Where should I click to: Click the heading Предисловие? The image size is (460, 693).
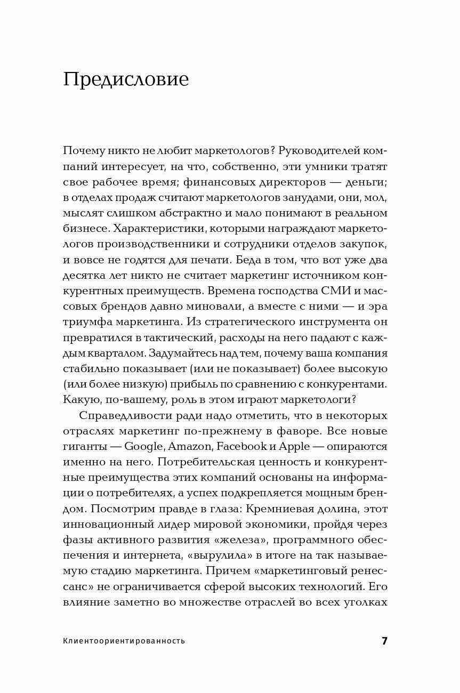pos(126,79)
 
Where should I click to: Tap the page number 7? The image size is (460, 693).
pos(384,641)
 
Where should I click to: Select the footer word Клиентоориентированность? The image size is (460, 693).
pos(124,641)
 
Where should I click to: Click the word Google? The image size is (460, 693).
pos(144,447)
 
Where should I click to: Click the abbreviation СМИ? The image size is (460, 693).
pos(320,291)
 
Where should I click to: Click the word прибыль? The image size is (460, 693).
pos(198,384)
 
